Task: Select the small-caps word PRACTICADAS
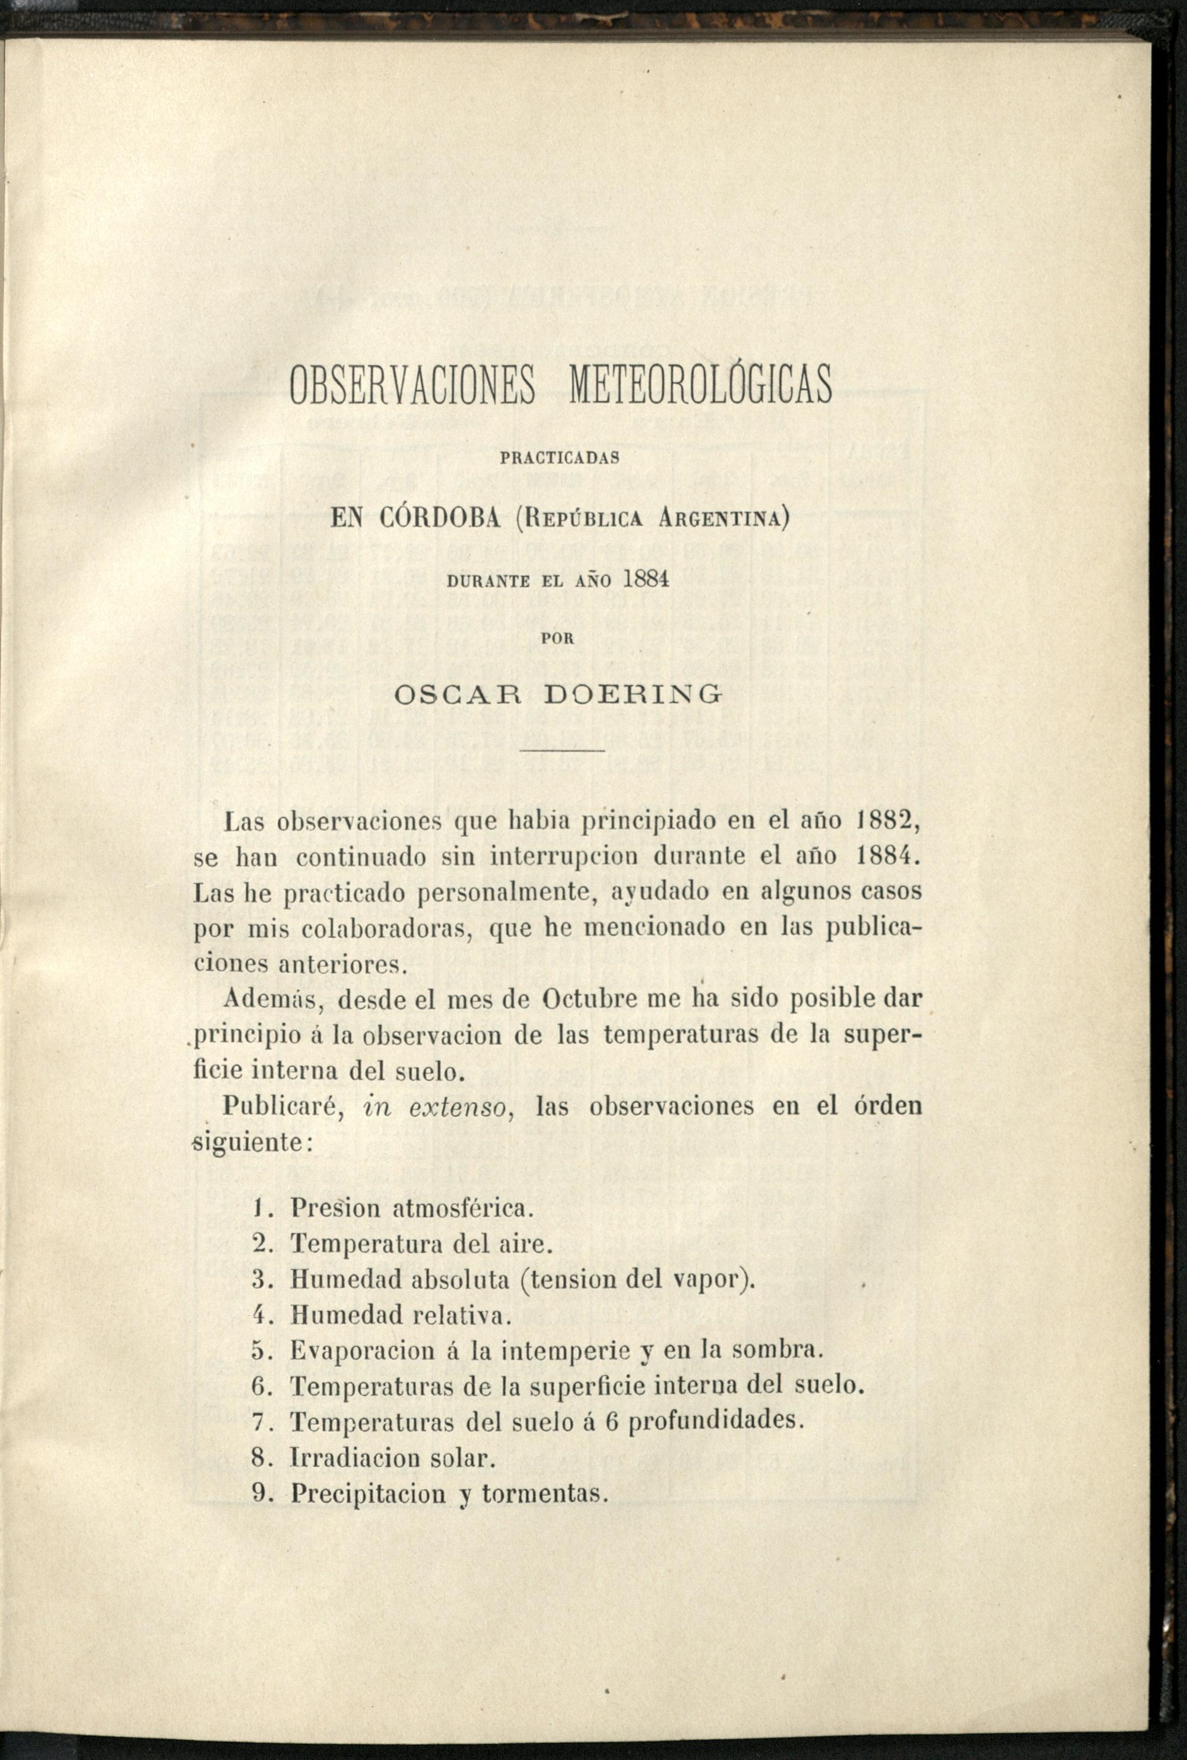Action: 561,457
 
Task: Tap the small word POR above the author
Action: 560,638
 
